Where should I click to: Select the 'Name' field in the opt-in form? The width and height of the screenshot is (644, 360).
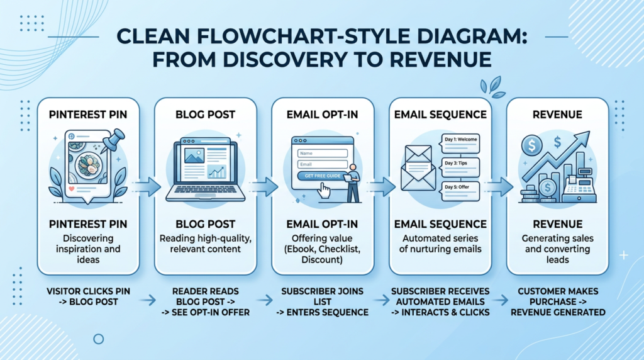(x=322, y=152)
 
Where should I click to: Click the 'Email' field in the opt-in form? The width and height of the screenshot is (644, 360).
(x=322, y=164)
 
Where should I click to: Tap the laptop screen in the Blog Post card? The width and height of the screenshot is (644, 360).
(x=201, y=164)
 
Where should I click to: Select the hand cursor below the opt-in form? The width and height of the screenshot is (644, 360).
(x=325, y=190)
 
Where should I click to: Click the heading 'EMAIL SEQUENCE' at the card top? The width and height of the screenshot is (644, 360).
(x=440, y=115)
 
